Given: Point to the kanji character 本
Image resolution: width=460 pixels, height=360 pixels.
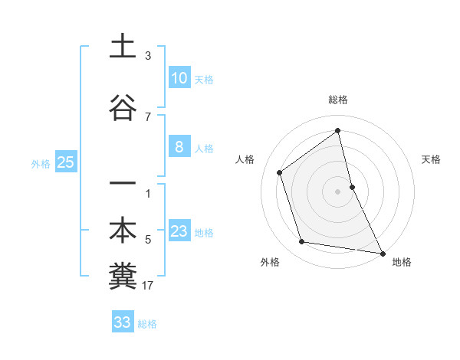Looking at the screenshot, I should coord(123,231).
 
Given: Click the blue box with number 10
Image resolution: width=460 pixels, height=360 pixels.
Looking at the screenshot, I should coord(179,78).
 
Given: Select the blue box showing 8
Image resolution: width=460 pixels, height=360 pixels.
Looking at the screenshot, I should coord(179,147).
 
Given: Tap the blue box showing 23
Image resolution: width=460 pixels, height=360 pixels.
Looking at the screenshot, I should coord(179,231).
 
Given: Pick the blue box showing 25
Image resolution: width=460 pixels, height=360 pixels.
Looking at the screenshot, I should coord(65,162).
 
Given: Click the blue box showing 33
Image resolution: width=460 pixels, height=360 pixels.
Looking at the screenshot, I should coord(123,322).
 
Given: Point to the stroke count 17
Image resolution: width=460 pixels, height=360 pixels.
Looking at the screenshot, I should coord(148,286).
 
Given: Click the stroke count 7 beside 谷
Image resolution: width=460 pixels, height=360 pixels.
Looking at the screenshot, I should coord(148,117).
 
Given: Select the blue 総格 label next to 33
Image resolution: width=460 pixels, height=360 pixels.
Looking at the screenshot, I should coord(147,324).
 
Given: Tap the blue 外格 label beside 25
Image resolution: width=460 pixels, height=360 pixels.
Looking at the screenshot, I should coord(41,163).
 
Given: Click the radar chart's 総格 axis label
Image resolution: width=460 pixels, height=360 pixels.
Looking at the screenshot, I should coord(338,100).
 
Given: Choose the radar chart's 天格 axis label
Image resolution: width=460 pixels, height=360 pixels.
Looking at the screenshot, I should coord(432,159).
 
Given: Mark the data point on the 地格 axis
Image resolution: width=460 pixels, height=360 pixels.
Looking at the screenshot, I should coord(382,252).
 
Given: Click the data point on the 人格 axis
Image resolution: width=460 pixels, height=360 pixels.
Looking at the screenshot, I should coord(280,172).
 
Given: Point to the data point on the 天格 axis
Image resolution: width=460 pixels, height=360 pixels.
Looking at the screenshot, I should coord(352,186).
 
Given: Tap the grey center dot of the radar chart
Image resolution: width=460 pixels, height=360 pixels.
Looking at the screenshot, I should coord(338,191).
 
